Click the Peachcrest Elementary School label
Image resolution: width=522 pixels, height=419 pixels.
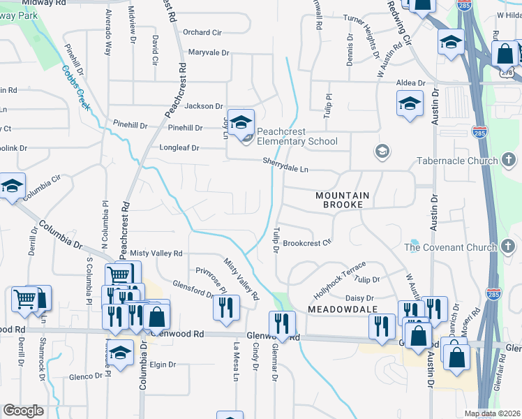(x=297, y=136)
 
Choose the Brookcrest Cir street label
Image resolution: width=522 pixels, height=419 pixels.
(x=306, y=244)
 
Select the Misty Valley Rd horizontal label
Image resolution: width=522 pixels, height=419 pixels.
(x=156, y=253)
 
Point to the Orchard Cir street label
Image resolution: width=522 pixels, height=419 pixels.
(x=202, y=32)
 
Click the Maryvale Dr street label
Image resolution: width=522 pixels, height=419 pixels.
(x=208, y=52)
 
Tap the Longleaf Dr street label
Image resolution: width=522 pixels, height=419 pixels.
(x=179, y=148)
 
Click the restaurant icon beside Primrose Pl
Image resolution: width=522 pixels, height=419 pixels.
(x=226, y=307)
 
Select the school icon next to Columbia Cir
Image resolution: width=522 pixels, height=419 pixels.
(x=12, y=186)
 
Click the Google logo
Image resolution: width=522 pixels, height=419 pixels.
(x=23, y=410)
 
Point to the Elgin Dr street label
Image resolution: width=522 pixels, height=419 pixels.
(x=162, y=365)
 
